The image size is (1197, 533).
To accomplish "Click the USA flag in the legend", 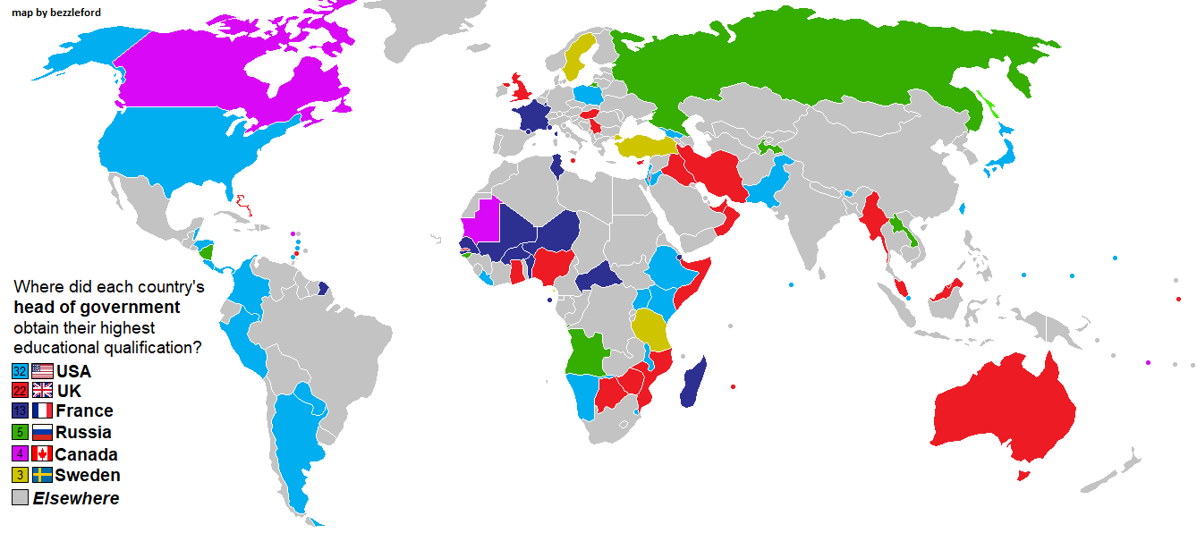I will (x=42, y=370).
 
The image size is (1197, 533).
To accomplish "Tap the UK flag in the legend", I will (x=42, y=390).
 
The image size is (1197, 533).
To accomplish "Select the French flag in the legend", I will (x=42, y=410).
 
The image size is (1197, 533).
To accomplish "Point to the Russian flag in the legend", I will (x=42, y=432).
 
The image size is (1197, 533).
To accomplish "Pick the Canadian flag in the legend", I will (x=42, y=453).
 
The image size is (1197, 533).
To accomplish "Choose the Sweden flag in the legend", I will (x=42, y=475).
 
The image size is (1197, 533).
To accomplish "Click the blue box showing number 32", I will (x=20, y=370).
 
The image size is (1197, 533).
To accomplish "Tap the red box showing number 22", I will (x=20, y=390).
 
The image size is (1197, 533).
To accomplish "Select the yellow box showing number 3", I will (x=20, y=475).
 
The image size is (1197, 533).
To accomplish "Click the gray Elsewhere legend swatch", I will (x=20, y=497).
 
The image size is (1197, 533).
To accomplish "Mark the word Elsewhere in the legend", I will (x=76, y=498).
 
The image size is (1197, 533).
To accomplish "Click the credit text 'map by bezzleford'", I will (x=56, y=13).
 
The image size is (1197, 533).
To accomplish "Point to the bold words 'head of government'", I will (x=97, y=308).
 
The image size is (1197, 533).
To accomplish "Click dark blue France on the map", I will (x=534, y=117).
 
